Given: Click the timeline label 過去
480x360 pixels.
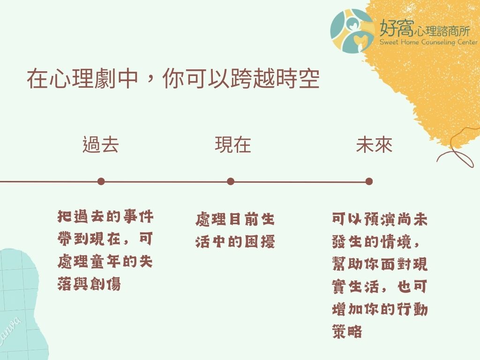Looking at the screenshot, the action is tap(100, 144).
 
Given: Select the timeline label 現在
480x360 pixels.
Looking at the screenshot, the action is tap(233, 144).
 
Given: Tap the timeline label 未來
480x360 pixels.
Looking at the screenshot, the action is tap(374, 144).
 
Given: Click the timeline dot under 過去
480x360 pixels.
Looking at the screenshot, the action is tap(101, 181).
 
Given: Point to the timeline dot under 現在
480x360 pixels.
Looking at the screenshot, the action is tap(231, 181).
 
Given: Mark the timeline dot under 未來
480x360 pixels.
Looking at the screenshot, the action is tap(369, 181).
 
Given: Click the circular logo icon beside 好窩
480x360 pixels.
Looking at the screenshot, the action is tap(352, 31).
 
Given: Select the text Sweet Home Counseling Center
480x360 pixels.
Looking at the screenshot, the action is tap(428, 42).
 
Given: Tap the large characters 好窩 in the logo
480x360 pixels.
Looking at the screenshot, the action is tap(397, 28).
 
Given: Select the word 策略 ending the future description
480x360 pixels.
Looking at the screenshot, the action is tap(347, 331).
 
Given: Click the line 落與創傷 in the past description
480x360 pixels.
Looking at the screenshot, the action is tap(89, 284).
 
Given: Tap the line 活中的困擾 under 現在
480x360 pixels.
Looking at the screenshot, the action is tap(235, 242).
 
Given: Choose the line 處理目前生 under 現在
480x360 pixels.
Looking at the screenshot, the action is tap(235, 219).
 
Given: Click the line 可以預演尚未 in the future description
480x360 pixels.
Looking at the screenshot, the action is tap(380, 219).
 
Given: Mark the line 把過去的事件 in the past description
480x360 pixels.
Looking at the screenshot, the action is tap(105, 217).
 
